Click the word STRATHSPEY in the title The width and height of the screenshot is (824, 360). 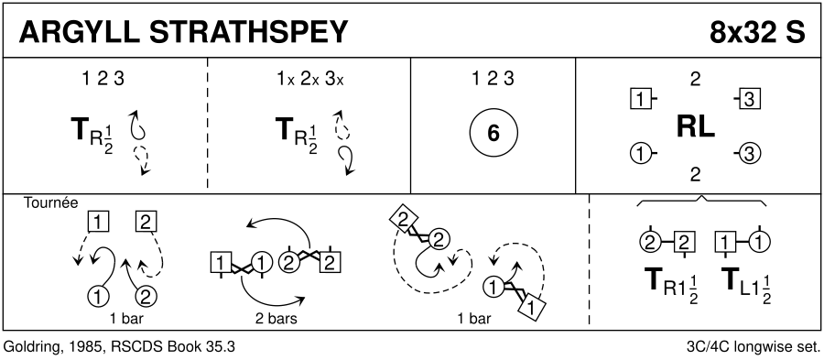248,33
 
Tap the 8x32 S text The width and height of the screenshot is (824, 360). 756,33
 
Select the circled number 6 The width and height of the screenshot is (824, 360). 493,134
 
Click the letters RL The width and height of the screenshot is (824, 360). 695,126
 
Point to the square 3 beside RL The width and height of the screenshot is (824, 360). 748,99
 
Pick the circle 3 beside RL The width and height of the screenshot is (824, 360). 748,154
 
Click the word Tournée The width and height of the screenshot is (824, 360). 50,202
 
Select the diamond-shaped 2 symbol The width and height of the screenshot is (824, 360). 403,221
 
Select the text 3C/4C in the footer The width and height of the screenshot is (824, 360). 704,347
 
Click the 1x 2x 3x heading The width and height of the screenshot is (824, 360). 309,79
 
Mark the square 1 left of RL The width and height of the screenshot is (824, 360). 641,99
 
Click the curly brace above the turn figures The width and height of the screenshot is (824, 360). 701,202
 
